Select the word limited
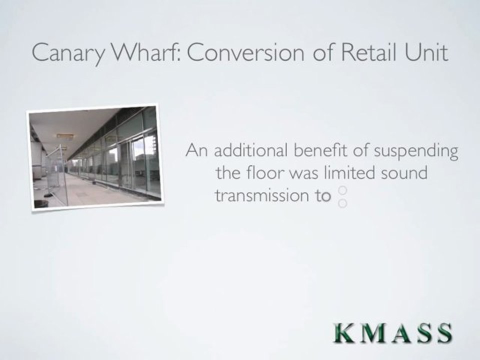point(350,173)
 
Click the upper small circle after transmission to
point(343,190)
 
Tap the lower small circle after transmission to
point(343,202)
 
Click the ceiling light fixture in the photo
point(65,135)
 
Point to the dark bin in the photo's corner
point(41,203)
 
